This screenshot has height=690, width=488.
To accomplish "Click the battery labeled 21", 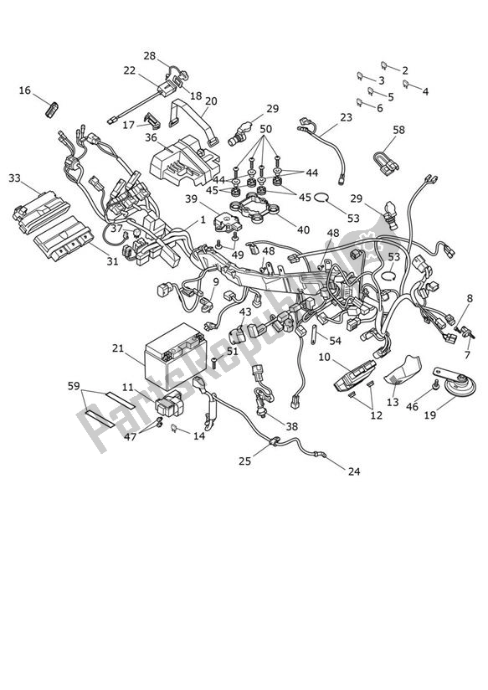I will (x=175, y=358).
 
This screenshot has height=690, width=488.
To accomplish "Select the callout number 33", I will (x=15, y=178).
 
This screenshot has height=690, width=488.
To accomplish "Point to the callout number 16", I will (x=24, y=90).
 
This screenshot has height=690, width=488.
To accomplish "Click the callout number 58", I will (x=398, y=130).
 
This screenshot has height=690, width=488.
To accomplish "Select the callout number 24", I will (x=354, y=472).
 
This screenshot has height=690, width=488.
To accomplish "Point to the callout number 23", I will (x=346, y=118).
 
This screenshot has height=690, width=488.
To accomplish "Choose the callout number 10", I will (x=324, y=358).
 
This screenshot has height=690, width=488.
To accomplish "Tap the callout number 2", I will (x=405, y=70).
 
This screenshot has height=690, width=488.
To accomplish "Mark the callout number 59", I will (x=74, y=386).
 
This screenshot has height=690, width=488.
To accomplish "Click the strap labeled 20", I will (x=188, y=116).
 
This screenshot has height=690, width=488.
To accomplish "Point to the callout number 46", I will (x=411, y=406).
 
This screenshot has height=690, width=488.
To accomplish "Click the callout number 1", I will (x=202, y=221).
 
